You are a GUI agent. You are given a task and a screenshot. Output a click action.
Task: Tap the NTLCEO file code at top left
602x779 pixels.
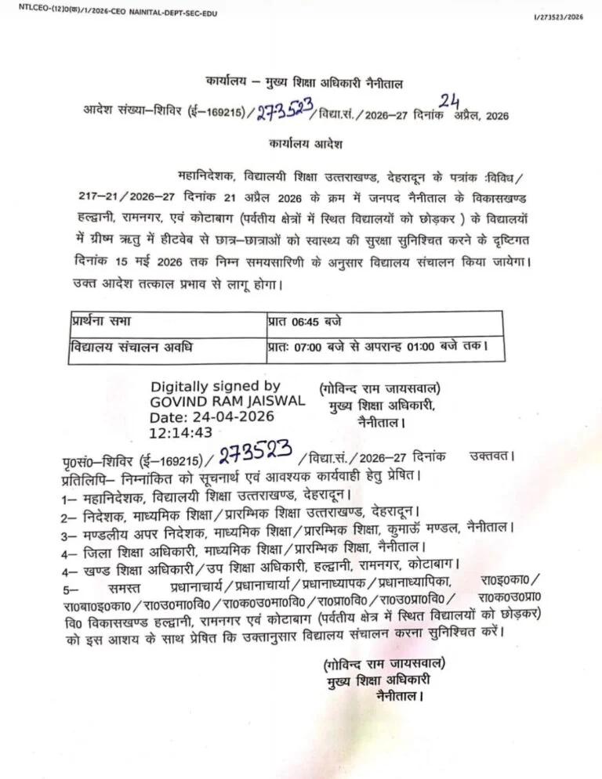tap(109, 9)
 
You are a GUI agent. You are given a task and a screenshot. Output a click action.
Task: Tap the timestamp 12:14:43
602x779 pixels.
tap(181, 431)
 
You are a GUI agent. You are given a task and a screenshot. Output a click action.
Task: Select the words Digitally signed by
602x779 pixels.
tap(215, 387)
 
